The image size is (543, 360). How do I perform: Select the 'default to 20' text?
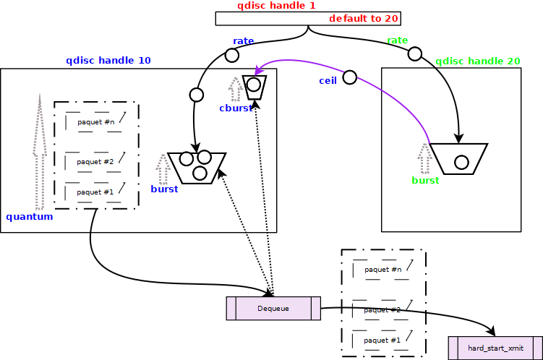click(x=364, y=19)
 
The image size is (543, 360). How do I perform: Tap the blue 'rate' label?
click(x=243, y=40)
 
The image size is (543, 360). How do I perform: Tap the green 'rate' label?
click(x=397, y=40)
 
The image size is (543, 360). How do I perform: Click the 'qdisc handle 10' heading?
click(x=108, y=61)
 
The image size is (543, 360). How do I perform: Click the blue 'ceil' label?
click(x=328, y=80)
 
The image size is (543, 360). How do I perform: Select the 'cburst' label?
click(x=236, y=108)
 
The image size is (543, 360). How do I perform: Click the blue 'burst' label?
click(x=164, y=189)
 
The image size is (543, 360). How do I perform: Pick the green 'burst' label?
click(x=425, y=181)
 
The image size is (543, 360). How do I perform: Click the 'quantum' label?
click(x=30, y=217)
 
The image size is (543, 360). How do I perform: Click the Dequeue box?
click(x=273, y=309)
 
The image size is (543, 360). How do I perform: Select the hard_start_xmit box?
click(x=495, y=348)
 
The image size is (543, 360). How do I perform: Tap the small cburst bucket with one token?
click(x=255, y=87)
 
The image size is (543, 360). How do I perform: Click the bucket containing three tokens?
click(x=197, y=167)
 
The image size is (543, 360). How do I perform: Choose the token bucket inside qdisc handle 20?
click(x=460, y=158)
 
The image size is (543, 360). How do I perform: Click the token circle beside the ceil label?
click(x=349, y=77)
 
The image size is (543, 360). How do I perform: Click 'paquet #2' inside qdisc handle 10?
click(x=95, y=162)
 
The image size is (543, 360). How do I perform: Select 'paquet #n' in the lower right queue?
click(x=382, y=270)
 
